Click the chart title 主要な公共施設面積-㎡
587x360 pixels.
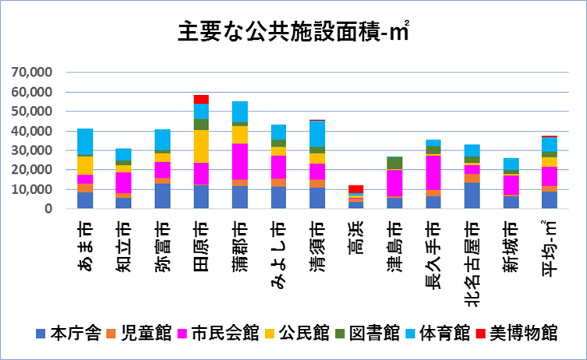293,31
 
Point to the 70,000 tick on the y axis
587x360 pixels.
32,72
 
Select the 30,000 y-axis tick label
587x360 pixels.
32,150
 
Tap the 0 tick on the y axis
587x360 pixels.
48,208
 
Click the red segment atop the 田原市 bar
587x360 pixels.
201,100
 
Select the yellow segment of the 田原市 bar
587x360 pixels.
201,146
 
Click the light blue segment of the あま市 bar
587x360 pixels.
85,142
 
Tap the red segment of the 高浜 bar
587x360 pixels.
356,189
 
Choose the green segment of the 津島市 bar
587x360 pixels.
395,163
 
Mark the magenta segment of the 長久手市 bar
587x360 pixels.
433,173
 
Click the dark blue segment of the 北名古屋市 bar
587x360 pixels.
472,196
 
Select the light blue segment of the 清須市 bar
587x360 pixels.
317,134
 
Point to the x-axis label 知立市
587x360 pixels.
123,246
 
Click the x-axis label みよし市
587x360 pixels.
278,256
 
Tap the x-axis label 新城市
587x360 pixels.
511,246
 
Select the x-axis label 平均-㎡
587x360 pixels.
550,248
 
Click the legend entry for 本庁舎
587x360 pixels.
69,333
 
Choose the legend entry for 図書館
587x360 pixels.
367,333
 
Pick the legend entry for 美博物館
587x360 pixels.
517,333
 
